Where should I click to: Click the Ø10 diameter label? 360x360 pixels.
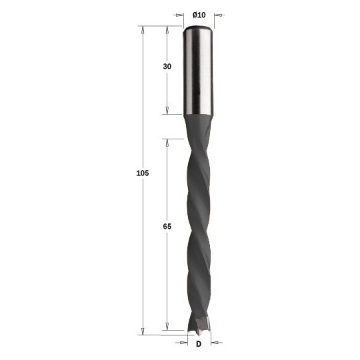tap(199, 15)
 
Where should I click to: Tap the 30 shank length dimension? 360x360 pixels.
tap(167, 67)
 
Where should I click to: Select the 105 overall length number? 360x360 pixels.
tap(143, 173)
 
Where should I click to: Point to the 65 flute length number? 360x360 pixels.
tap(167, 227)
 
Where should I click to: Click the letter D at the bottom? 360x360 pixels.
tap(199, 344)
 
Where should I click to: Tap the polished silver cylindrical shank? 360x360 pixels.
tap(199, 71)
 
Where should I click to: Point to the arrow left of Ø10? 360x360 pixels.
tap(179, 15)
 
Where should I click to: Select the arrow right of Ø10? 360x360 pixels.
tap(219, 15)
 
